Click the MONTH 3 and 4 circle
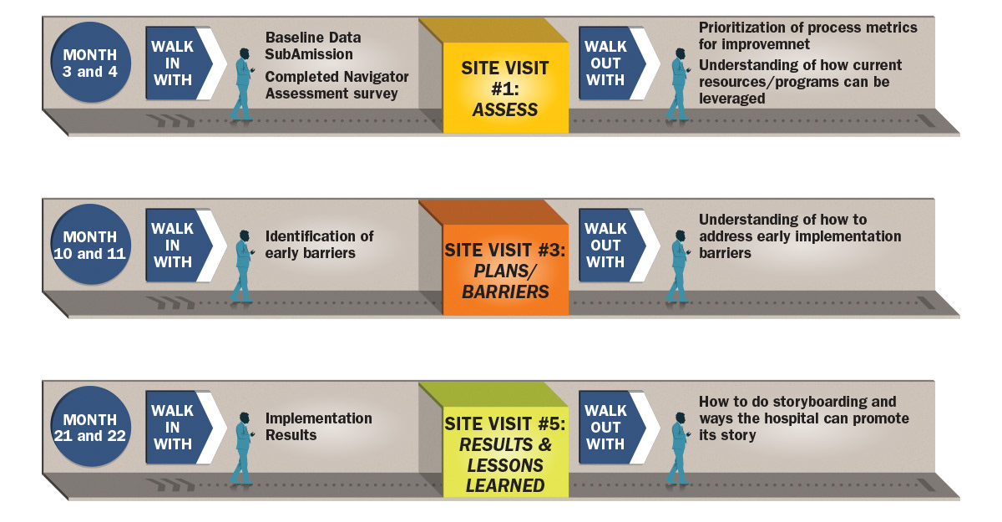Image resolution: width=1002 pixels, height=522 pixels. point(90,63)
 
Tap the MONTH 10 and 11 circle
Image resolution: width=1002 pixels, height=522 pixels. point(90,245)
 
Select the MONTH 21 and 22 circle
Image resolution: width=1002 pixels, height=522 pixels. point(90,427)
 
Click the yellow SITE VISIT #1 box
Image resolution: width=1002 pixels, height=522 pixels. point(505,88)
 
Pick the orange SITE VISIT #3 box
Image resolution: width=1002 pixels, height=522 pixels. point(505,270)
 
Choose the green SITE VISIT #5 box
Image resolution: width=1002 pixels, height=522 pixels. point(505,452)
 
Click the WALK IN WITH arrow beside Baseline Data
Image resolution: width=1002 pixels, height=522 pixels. point(186,63)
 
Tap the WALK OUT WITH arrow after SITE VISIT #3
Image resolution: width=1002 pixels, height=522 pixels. point(619,245)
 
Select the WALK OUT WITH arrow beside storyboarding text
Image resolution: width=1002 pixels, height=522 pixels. point(619,427)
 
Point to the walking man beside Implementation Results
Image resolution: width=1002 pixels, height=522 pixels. point(242,448)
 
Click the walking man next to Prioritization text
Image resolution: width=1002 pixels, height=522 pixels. point(678,84)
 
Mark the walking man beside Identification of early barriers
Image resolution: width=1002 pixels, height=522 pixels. point(242,266)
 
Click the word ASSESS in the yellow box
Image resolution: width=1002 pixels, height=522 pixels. point(505,109)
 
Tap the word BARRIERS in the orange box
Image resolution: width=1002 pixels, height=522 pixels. point(505,291)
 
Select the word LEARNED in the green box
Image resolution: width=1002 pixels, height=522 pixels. point(505,485)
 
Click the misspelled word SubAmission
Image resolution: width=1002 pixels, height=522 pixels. point(309,54)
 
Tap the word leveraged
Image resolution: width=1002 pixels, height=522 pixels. point(731,99)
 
